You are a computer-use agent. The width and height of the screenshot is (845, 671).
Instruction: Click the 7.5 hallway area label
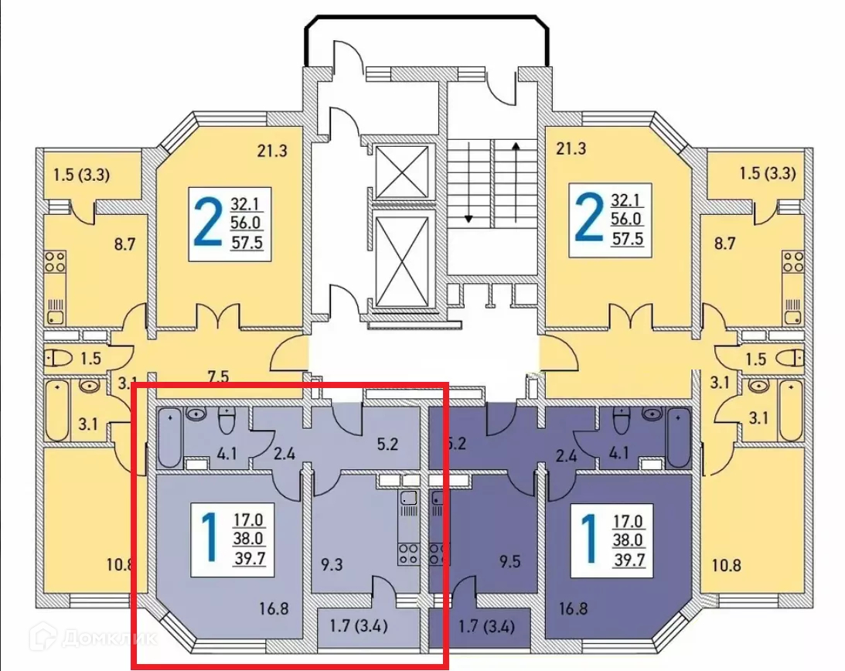click(217, 377)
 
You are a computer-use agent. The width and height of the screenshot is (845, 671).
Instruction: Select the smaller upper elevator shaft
click(400, 171)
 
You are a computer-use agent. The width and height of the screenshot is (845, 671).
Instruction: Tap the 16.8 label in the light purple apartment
click(274, 608)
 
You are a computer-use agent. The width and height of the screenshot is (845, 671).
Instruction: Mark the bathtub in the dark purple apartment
click(678, 438)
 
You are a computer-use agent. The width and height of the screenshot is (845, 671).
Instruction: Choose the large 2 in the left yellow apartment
click(206, 221)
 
